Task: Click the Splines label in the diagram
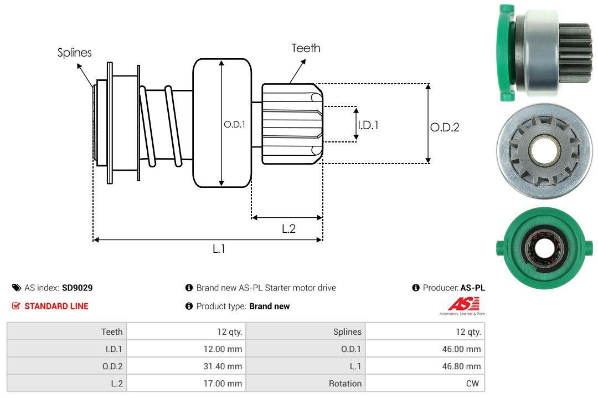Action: point(74,53)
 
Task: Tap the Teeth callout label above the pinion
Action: point(306,48)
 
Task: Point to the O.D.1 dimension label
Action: point(234,125)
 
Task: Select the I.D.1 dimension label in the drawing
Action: point(368,125)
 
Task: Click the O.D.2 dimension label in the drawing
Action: point(445,127)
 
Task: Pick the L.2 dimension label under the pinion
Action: point(288,228)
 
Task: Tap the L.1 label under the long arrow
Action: point(219,249)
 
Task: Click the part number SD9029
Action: point(78,288)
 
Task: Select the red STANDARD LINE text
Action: point(56,306)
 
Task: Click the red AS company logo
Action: point(463,304)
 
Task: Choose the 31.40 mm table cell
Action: point(185,366)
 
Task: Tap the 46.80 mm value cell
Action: point(425,366)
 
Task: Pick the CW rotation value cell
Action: point(425,383)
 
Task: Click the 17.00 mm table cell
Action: point(185,383)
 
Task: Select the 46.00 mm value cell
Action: point(425,349)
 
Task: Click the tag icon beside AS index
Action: point(17,288)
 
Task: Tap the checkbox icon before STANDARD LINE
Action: point(16,306)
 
